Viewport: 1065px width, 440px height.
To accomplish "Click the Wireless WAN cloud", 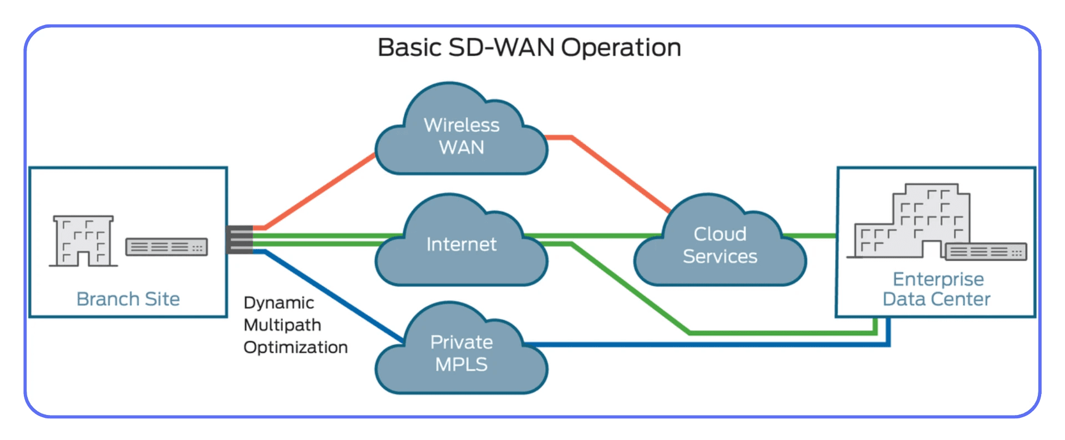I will pyautogui.click(x=461, y=136).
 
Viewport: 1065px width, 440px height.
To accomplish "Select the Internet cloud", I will pyautogui.click(x=461, y=245).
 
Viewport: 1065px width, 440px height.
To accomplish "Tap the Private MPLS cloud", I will pyautogui.click(x=461, y=353).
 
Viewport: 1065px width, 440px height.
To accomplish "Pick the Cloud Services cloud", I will pyautogui.click(x=720, y=245).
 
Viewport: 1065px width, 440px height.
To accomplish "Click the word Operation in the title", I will pyautogui.click(x=621, y=48).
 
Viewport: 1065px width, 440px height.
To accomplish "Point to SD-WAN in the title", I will pyautogui.click(x=501, y=48).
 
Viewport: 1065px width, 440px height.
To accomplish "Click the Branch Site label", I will pyautogui.click(x=128, y=299).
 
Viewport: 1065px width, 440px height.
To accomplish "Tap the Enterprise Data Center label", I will pyautogui.click(x=937, y=289).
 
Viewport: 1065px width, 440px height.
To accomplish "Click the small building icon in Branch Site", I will pyautogui.click(x=83, y=241).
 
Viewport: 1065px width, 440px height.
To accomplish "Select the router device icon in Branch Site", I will pyautogui.click(x=166, y=247).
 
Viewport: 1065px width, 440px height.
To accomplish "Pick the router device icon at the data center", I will pyautogui.click(x=986, y=252).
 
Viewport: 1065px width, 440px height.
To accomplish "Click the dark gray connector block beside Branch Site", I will pyautogui.click(x=240, y=240).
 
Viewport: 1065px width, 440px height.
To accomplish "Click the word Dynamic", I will pyautogui.click(x=279, y=303).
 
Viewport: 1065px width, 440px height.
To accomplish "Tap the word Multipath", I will pyautogui.click(x=282, y=325).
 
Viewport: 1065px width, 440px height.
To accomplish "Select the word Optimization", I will pyautogui.click(x=296, y=347).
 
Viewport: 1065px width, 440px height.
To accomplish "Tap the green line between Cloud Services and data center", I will pyautogui.click(x=810, y=236).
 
